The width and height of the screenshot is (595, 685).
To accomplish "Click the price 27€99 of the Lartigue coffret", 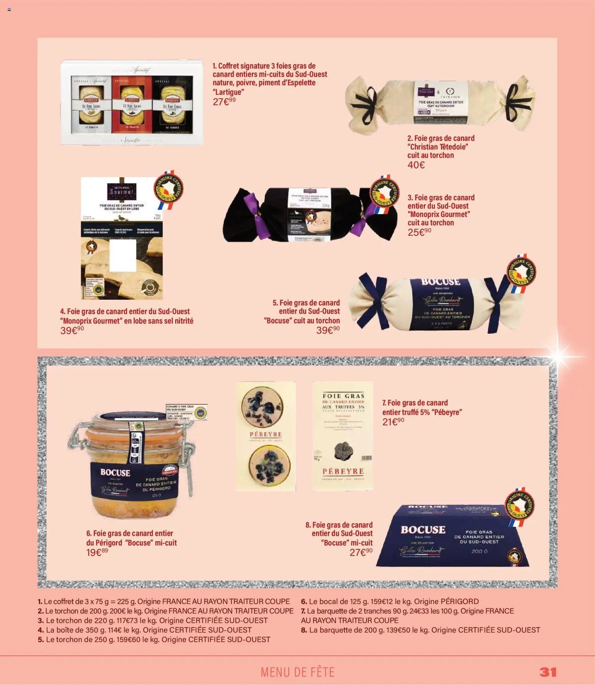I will (224, 101).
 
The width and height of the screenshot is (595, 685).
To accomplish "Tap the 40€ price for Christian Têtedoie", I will (416, 165).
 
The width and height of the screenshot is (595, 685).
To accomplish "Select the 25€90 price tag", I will (419, 232).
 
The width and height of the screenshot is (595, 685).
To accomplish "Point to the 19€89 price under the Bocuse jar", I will (97, 552).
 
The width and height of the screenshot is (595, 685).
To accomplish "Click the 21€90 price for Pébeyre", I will (393, 422).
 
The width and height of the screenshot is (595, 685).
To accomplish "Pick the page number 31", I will (548, 672).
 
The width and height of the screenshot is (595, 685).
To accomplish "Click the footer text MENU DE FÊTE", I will (297, 672).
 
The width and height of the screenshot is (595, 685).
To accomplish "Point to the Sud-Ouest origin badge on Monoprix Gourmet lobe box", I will (169, 189).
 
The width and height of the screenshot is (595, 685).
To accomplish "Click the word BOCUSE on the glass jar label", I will (115, 473).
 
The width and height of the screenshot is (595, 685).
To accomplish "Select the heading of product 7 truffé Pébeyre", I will (421, 407).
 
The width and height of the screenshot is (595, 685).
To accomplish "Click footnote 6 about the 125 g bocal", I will (390, 601).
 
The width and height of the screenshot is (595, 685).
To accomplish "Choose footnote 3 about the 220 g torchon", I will (152, 620).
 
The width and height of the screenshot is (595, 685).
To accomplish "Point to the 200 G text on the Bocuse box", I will (479, 551).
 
